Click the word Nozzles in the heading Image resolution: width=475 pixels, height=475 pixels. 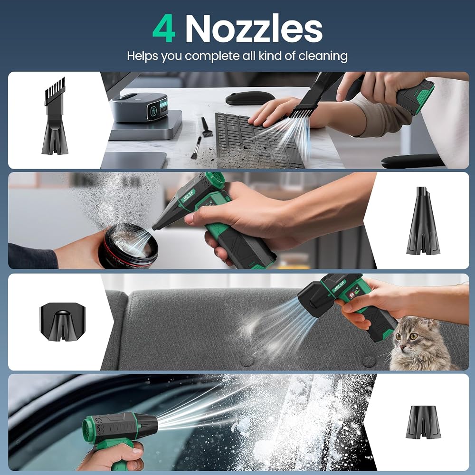pyautogui.click(x=254, y=29)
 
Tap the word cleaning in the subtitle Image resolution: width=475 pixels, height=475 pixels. pyautogui.click(x=323, y=57)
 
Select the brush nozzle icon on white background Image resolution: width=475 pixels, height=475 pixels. pyautogui.click(x=55, y=116)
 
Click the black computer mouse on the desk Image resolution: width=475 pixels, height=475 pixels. pyautogui.click(x=250, y=98)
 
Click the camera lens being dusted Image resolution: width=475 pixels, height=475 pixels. pyautogui.click(x=129, y=246)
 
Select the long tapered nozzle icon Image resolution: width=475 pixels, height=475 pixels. pyautogui.click(x=423, y=220)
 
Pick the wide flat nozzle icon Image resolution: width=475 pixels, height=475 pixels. pyautogui.click(x=63, y=321)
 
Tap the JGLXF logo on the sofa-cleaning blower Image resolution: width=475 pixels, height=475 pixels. pyautogui.click(x=338, y=286)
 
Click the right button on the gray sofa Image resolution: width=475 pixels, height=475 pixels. pyautogui.click(x=369, y=361)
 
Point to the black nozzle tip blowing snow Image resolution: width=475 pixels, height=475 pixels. pyautogui.click(x=148, y=424)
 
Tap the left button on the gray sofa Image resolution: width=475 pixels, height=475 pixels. pyautogui.click(x=247, y=361)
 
